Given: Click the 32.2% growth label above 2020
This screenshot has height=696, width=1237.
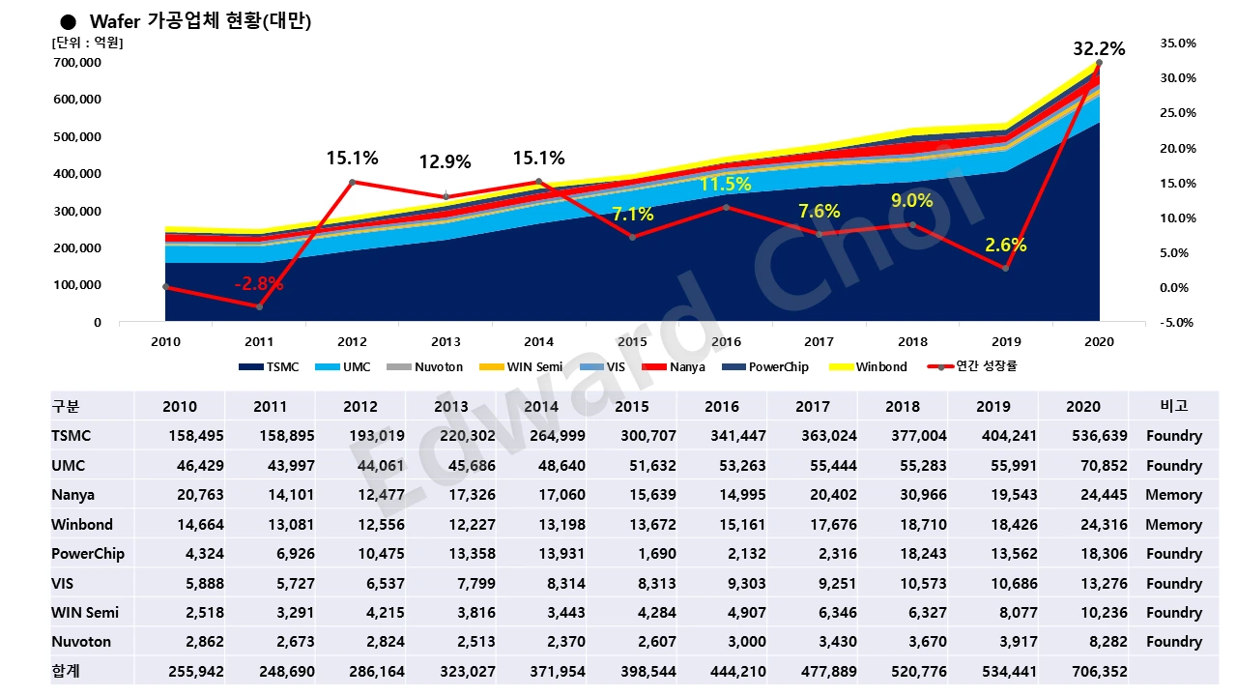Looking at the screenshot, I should point(1099,48).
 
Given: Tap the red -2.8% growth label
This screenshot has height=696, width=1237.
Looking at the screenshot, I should point(258,284).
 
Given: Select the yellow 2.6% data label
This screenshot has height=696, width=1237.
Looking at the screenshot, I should point(1006,246).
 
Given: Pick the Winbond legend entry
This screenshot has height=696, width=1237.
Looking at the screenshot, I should point(881,367).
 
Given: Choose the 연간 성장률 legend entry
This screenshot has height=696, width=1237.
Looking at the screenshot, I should point(985,367).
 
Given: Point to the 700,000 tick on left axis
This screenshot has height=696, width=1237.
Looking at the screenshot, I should point(77,63).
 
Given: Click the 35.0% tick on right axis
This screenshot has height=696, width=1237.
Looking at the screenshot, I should point(1176,43).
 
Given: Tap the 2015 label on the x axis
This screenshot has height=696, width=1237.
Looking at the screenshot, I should point(632,342).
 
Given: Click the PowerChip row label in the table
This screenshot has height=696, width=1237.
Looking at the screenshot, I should point(88,554).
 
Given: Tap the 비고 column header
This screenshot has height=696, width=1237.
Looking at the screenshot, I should point(1173,406).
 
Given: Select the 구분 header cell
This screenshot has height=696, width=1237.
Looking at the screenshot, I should point(67,406).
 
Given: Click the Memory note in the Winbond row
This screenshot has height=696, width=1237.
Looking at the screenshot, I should point(1173,525).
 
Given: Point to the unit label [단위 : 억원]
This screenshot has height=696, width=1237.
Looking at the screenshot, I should point(87,43).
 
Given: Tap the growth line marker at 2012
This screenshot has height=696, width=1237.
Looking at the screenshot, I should point(352,182).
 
